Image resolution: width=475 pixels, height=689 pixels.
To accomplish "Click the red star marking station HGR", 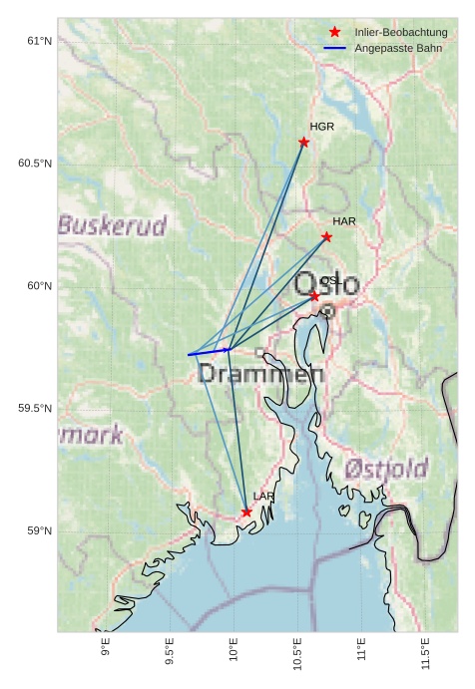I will tap(304, 142).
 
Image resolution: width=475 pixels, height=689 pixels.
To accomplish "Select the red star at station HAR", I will tap(326, 236).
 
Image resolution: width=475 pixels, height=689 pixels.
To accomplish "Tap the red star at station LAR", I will tap(246, 512).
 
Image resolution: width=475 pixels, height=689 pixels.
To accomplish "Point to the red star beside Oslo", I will tap(314, 296).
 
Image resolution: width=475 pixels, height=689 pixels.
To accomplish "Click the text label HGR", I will tap(321, 127).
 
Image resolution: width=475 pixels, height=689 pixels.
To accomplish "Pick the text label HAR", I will tap(344, 220).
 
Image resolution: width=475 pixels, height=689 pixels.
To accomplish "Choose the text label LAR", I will tap(263, 496).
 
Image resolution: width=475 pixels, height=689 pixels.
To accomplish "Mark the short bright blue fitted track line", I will tap(209, 352).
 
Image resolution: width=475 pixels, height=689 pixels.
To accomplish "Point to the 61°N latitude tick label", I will tap(38, 41).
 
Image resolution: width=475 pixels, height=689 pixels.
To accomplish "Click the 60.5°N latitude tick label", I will tap(34, 164).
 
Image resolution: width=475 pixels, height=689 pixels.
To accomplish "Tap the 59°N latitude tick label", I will tap(38, 530).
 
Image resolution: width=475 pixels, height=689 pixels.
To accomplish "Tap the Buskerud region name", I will tap(111, 225).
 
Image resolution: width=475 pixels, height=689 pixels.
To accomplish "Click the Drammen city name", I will tap(261, 375).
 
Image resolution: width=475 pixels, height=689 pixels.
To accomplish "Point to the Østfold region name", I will tap(386, 469).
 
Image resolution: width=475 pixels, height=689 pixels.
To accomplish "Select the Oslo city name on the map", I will tap(327, 283).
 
